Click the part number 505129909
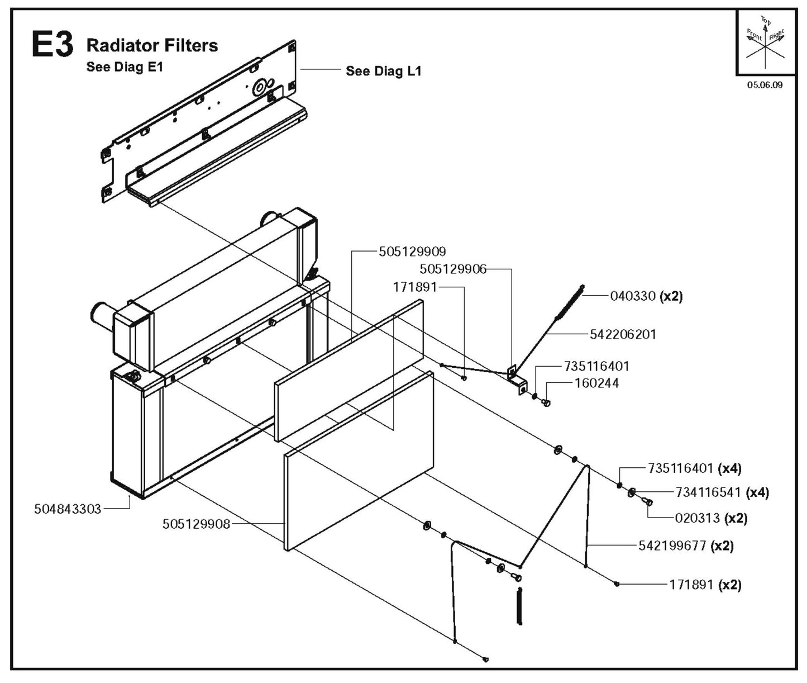(412, 252)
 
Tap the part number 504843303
(68, 509)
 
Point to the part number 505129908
(196, 524)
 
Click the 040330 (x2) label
(646, 296)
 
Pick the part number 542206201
(623, 335)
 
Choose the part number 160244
(596, 383)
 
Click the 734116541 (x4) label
(722, 493)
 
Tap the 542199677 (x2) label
(686, 546)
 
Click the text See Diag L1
(383, 71)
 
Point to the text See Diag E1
(124, 67)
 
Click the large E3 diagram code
(52, 45)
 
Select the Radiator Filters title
(152, 45)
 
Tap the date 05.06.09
(765, 86)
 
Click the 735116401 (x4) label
(695, 468)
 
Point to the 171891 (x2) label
(705, 585)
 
